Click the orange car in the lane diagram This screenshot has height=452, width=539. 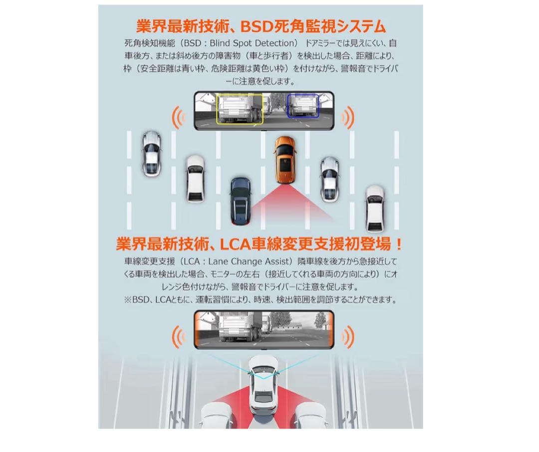[285, 160]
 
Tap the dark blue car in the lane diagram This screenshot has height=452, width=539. [241, 201]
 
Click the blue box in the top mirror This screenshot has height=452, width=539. [303, 106]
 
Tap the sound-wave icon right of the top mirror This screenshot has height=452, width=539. [347, 117]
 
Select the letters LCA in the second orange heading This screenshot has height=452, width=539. [235, 244]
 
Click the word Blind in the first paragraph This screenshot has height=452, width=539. [220, 43]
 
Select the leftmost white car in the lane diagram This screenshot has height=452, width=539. [152, 153]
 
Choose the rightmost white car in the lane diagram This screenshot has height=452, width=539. [375, 209]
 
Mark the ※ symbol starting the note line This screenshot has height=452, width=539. [128, 300]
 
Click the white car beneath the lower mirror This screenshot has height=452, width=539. [263, 383]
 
